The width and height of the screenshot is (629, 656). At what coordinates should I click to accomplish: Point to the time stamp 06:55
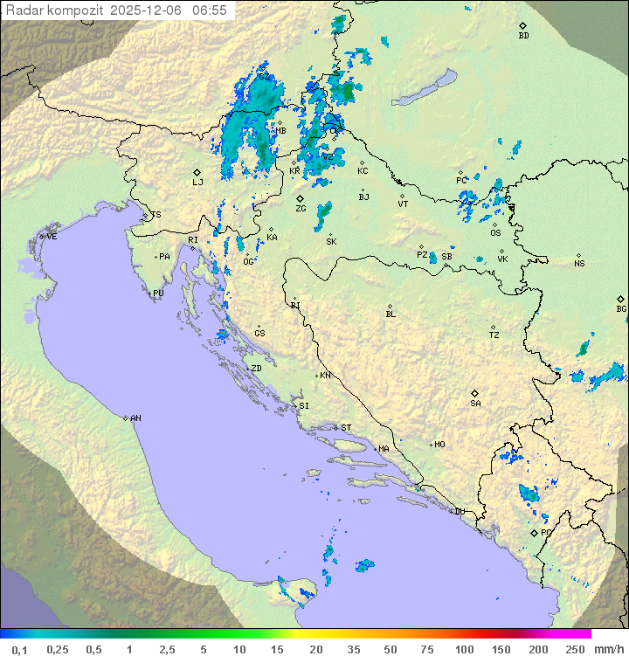(210, 10)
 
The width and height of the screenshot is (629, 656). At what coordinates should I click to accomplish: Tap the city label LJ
(197, 183)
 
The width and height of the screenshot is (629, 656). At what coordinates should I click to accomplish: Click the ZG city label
(301, 209)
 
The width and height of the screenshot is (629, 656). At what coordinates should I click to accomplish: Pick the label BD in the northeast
(523, 36)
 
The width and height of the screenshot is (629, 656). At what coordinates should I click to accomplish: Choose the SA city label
(475, 404)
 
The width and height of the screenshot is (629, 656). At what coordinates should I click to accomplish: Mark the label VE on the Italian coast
(52, 237)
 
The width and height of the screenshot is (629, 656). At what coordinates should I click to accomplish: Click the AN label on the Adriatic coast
(135, 418)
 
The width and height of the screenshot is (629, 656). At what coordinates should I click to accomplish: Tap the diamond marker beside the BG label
(620, 299)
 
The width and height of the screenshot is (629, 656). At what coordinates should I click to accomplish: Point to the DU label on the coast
(459, 512)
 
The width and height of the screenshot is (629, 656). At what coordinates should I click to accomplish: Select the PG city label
(545, 532)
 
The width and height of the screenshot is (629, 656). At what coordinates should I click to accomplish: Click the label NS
(579, 264)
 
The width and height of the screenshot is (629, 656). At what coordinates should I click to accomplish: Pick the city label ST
(346, 428)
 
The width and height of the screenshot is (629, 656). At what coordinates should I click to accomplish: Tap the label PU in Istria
(158, 293)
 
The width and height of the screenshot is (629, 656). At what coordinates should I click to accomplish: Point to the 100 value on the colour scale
(464, 649)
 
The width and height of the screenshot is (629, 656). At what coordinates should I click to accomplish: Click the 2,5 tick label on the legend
(166, 649)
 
